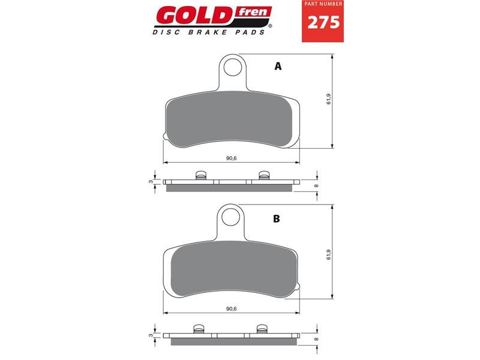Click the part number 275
pos(323,22)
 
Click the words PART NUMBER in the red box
pos(323,4)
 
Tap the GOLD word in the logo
pos(196,16)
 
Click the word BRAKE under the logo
pos(207,32)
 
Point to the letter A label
pos(278,66)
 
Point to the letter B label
pos(277,218)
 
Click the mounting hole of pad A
pos(233,67)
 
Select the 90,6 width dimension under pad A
pos(232,158)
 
